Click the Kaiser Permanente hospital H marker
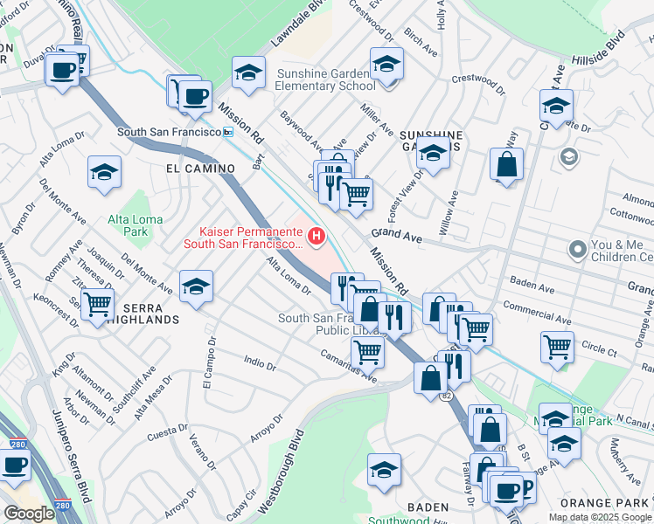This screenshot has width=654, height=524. pyautogui.click(x=316, y=236)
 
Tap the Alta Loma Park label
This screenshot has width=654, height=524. pyautogui.click(x=129, y=225)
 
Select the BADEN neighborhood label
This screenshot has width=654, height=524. pyautogui.click(x=428, y=507)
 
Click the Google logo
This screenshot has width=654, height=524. pyautogui.click(x=30, y=513)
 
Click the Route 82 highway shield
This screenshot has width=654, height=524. pyautogui.click(x=446, y=396)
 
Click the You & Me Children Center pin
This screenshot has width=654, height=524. pyautogui.click(x=577, y=251)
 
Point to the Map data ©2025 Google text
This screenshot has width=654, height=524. pyautogui.click(x=599, y=517)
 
